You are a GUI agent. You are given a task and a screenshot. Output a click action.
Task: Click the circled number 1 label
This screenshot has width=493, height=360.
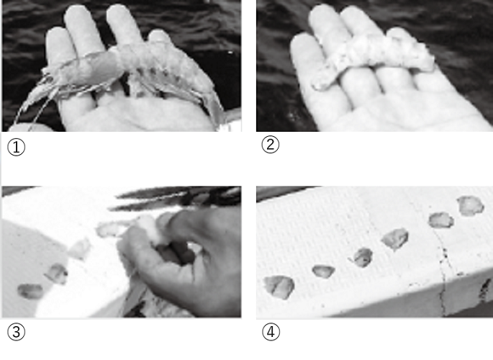tap(16, 147)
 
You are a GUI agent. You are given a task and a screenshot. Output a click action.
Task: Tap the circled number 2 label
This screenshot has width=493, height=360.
tap(271, 145)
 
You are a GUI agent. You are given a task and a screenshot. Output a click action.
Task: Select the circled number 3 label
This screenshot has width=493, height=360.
tap(16, 332)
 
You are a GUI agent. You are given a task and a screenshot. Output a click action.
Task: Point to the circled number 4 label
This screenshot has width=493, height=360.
tap(271, 332)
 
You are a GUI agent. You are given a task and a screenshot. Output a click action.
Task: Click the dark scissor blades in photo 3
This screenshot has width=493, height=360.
tap(176, 198)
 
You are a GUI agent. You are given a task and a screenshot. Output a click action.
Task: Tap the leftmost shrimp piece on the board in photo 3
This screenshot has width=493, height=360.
tap(30, 291)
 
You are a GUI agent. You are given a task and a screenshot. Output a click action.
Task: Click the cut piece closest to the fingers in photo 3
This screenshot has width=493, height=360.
tap(109, 230)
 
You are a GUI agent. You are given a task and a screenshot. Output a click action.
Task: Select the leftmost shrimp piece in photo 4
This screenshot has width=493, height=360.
tap(279, 287)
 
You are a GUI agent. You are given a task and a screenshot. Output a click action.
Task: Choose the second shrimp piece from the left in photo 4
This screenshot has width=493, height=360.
tap(323, 271)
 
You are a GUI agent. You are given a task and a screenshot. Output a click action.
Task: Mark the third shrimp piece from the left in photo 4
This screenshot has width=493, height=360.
tap(362, 258)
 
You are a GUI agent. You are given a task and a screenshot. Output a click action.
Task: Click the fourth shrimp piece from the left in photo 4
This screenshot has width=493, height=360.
tap(395, 239)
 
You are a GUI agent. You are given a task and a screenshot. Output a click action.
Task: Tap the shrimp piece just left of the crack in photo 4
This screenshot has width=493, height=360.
tap(441, 220)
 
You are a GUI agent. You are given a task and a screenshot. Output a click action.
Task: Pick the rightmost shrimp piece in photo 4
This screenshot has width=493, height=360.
tap(471, 206)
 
